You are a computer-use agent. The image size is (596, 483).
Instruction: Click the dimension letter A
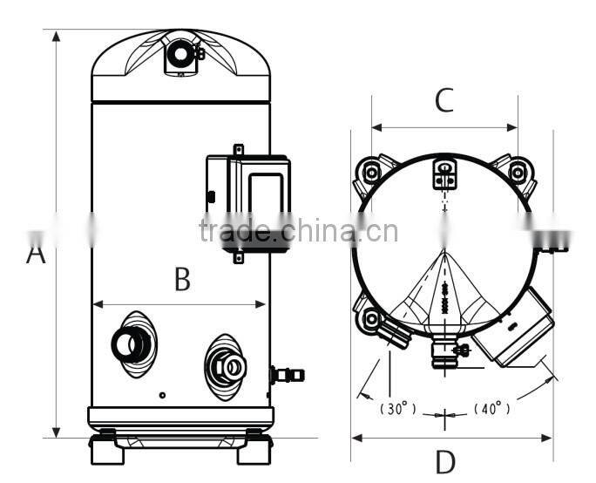35,254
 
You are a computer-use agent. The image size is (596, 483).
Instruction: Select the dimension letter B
181,280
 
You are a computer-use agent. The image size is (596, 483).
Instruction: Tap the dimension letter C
444,101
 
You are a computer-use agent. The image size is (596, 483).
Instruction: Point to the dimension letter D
445,461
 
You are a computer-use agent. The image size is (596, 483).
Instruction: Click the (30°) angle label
398,408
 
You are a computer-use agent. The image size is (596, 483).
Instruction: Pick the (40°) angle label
492,408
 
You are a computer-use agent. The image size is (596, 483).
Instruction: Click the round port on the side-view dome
181,54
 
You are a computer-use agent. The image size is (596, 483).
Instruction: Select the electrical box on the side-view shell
248,201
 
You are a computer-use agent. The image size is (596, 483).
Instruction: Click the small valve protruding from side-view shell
287,375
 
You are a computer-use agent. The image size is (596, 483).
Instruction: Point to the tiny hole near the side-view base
162,395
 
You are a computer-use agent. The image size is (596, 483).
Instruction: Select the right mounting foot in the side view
256,450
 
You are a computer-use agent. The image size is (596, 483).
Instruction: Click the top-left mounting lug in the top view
372,172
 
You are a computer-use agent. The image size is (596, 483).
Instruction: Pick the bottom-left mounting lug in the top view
371,317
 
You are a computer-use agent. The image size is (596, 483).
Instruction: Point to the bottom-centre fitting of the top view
445,352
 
